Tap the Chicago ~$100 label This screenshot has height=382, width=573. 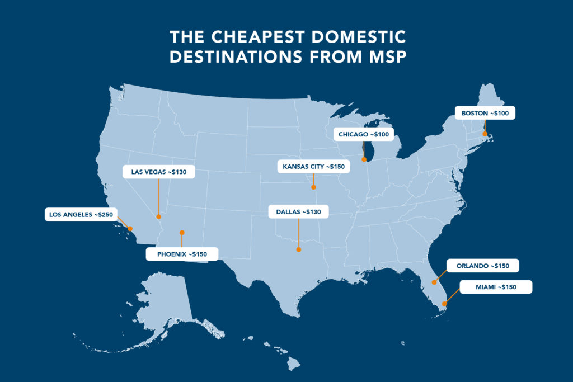tap(364, 135)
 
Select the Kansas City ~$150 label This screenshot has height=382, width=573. tap(313, 167)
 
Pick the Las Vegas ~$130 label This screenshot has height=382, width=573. tap(159, 172)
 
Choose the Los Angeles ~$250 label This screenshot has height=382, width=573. tap(81, 214)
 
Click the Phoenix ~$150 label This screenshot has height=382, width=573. tap(182, 254)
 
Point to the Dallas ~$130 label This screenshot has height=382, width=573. tap(299, 212)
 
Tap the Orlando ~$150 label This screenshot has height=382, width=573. tap(482, 265)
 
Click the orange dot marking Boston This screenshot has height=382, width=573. tap(485, 133)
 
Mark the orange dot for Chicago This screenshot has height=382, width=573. tap(364, 159)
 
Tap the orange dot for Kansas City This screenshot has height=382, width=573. tap(313, 187)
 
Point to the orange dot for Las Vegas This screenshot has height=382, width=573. tap(159, 216)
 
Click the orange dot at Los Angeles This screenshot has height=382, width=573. tap(130, 228)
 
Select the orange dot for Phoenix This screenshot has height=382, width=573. tap(182, 232)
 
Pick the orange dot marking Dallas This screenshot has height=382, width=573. tap(299, 249)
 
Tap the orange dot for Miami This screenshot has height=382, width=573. tap(444, 304)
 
